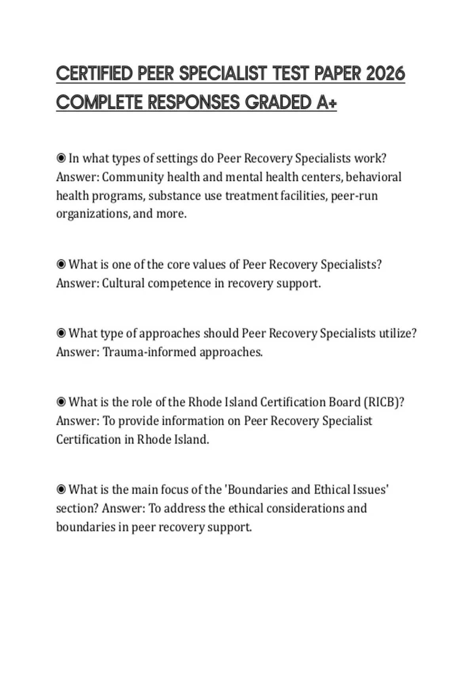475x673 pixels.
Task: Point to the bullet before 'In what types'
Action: [61, 158]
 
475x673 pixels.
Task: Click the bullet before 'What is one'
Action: [61, 264]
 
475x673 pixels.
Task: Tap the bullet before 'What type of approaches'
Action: [61, 333]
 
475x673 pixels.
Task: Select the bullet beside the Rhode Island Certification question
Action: [61, 402]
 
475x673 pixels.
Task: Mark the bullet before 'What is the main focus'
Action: [61, 490]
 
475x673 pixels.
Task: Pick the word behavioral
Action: [373, 177]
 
